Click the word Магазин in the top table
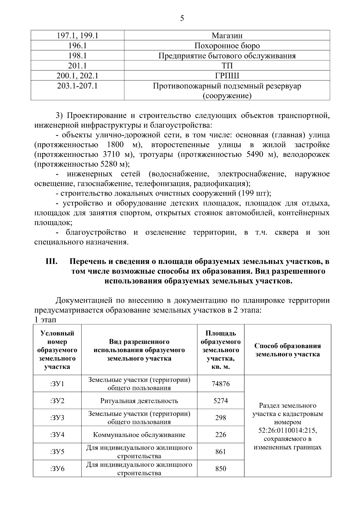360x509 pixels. pyautogui.click(x=227, y=36)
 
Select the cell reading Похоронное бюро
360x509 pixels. pyautogui.click(x=227, y=46)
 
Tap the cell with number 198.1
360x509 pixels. pyautogui.click(x=77, y=56)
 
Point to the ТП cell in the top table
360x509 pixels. pyautogui.click(x=227, y=66)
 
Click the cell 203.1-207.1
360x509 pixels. pyautogui.click(x=77, y=86)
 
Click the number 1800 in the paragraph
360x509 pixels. pyautogui.click(x=115, y=145)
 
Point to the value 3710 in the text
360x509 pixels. pyautogui.click(x=113, y=154)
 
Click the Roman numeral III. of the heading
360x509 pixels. pyautogui.click(x=51, y=261)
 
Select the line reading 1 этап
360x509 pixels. pyautogui.click(x=45, y=320)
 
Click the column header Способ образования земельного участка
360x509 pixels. pyautogui.click(x=287, y=350)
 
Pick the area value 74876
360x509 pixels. pyautogui.click(x=220, y=384)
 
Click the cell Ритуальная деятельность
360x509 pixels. pyautogui.click(x=139, y=401)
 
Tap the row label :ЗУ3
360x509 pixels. pyautogui.click(x=57, y=418)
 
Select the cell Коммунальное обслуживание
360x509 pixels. pyautogui.click(x=139, y=435)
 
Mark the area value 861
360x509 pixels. pyautogui.click(x=220, y=451)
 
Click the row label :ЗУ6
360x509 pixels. pyautogui.click(x=57, y=469)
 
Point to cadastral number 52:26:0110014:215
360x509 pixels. pyautogui.click(x=287, y=430)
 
